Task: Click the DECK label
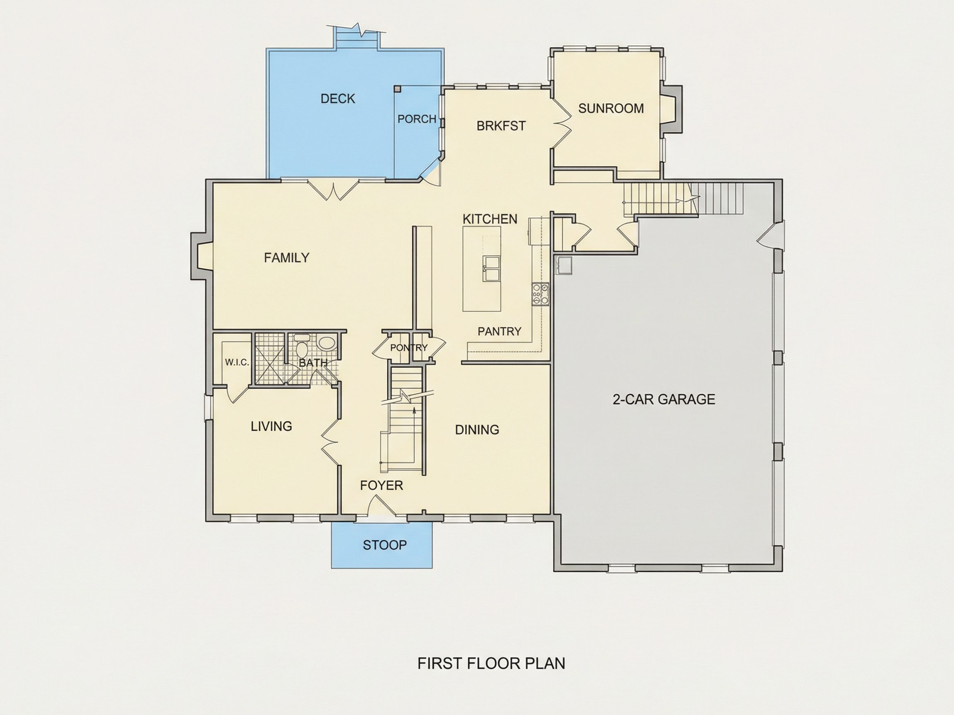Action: coord(338,99)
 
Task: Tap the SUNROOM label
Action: coord(611,108)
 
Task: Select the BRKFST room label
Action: coord(501,126)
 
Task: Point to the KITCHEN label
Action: coord(490,219)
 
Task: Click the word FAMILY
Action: coord(287,258)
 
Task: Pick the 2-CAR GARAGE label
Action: coord(664,399)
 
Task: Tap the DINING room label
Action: coord(477,429)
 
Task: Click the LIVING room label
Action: coord(271,426)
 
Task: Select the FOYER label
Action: coord(381,485)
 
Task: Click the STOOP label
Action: coord(385,545)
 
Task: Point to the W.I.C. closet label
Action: coord(237,362)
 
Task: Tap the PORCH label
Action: coord(417,119)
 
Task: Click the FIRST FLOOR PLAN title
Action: coord(491,663)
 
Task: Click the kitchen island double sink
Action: coord(491,269)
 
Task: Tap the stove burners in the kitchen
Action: coord(540,294)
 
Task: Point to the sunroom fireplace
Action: coord(672,108)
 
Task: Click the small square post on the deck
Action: coord(397,89)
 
